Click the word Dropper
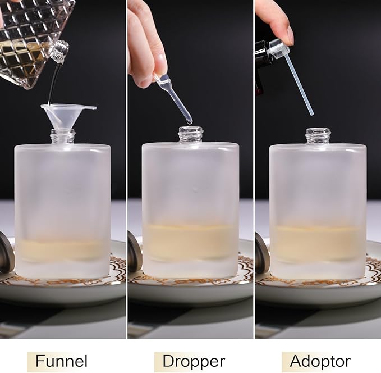189,361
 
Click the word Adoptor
320,361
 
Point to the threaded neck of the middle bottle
191,134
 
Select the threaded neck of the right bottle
318,136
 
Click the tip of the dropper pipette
189,120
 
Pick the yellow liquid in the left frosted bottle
62,251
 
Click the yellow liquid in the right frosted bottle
318,243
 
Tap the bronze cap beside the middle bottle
134,251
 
